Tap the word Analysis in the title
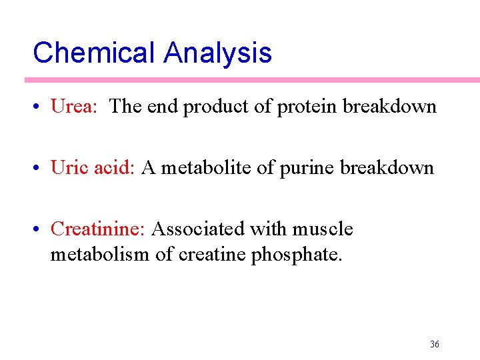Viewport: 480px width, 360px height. tap(218, 53)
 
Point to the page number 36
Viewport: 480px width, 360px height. tap(435, 344)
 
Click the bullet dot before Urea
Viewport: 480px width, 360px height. tap(41, 107)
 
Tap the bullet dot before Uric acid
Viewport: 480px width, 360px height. tap(41, 168)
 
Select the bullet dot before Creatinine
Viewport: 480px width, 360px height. tap(41, 230)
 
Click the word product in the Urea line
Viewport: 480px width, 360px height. tap(216, 107)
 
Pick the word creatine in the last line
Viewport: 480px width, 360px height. tap(213, 255)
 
